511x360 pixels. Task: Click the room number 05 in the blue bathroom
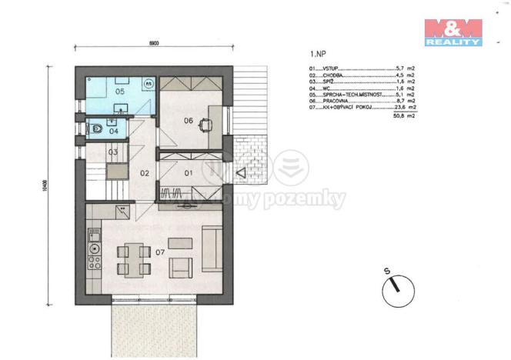coord(119,92)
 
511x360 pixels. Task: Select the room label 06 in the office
coord(188,120)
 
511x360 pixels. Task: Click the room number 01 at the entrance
coord(188,173)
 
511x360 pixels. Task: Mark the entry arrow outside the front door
coord(242,172)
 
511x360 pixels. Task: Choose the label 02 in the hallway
coord(144,174)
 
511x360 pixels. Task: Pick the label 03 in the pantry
coord(112,152)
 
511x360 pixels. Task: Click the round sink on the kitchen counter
coord(95,248)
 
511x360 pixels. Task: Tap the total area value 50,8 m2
coord(404,115)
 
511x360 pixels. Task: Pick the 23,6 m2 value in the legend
coord(405,108)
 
